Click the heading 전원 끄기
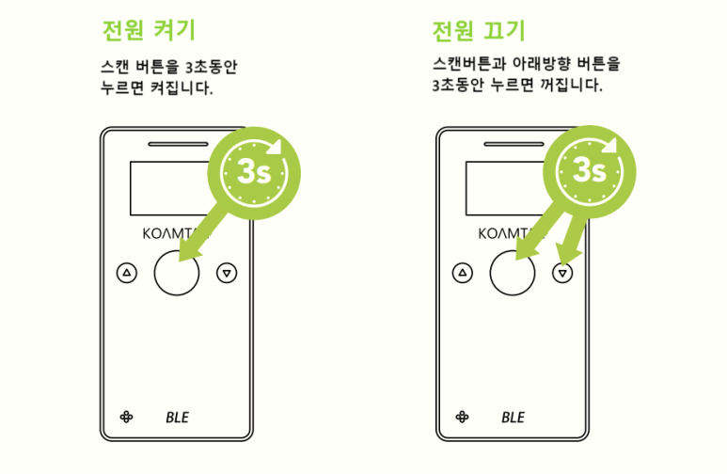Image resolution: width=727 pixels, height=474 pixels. click(478, 31)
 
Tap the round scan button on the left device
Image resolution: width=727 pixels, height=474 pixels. click(176, 273)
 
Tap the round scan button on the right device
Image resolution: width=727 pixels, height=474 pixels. click(513, 273)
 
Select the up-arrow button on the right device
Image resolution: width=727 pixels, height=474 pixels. click(462, 273)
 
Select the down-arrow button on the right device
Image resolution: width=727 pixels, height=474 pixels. click(562, 273)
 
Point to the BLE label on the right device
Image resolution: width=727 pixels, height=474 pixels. click(513, 417)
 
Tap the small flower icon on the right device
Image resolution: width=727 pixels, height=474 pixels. click(461, 417)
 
